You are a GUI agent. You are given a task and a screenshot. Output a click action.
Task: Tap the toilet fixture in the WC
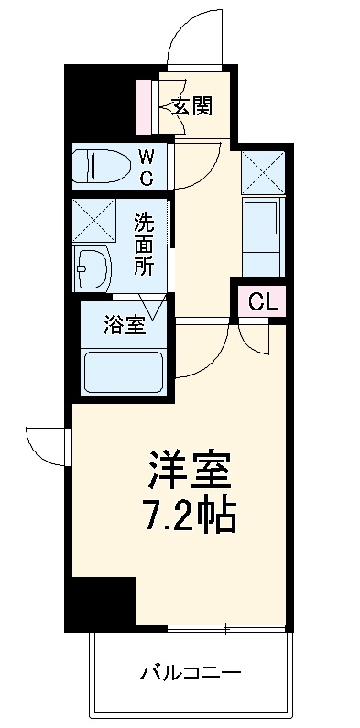coord(102,165)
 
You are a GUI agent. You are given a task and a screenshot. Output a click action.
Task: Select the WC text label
coord(147,166)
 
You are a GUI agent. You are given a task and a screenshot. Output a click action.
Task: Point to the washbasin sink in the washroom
coord(92,268)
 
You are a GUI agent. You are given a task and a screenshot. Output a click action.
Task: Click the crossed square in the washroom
coord(93,221)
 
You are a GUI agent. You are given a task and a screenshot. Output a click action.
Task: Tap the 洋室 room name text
coord(190,470)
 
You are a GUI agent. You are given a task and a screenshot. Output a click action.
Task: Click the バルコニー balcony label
coord(191,674)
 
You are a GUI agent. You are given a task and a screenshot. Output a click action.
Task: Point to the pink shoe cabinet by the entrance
coord(143,106)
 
